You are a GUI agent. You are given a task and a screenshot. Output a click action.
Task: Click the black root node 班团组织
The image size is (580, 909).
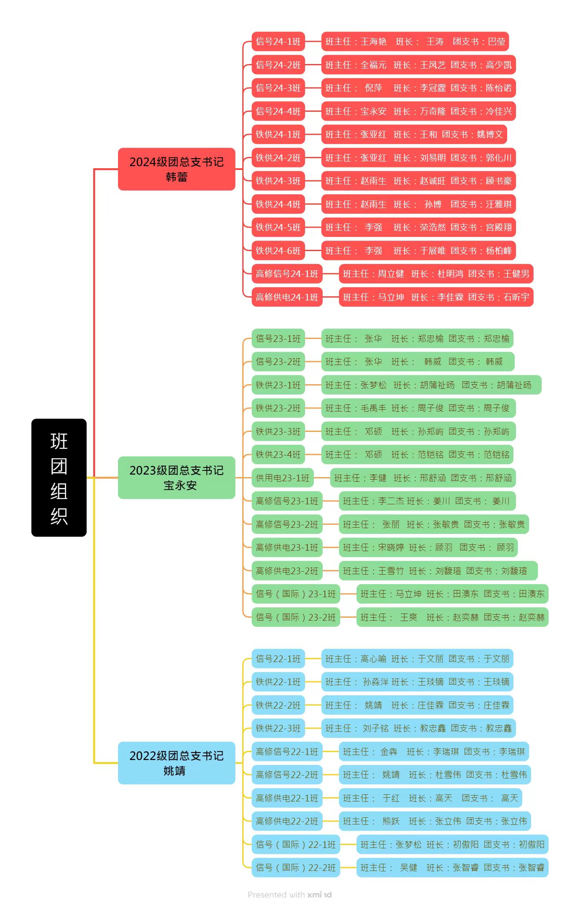59,477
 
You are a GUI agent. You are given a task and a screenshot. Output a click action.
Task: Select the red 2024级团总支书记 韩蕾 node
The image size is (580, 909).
176,169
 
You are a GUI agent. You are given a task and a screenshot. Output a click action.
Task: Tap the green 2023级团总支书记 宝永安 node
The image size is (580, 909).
176,478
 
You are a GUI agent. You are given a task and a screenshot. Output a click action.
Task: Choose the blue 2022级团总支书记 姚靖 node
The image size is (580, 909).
176,763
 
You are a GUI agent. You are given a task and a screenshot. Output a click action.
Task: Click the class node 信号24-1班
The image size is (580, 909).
278,41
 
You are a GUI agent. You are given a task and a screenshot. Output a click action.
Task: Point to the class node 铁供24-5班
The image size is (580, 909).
278,227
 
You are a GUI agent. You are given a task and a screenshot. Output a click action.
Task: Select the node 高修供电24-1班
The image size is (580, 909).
287,297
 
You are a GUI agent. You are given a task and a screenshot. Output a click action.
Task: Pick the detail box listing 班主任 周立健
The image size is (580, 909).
436,274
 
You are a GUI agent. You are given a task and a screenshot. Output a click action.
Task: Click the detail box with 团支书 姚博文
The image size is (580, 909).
414,134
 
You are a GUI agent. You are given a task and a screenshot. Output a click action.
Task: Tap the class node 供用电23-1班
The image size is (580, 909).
282,478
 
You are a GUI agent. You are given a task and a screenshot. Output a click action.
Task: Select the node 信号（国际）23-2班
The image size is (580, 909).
295,617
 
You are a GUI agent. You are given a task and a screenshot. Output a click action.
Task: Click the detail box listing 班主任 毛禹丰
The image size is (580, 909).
418,408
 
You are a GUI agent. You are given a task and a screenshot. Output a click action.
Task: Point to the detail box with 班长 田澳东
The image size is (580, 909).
452,594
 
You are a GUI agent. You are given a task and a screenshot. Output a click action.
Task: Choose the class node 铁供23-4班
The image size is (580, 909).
278,454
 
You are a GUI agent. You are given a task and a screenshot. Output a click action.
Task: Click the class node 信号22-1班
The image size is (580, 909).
278,659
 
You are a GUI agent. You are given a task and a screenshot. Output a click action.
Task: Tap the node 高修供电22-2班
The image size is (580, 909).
287,821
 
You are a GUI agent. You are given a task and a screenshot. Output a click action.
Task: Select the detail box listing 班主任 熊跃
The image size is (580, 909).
434,821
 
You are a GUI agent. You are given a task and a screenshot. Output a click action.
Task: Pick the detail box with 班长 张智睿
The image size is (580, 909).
452,868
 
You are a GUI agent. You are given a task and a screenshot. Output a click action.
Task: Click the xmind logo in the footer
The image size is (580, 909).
319,895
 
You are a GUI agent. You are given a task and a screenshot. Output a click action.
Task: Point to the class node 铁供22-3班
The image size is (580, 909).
278,728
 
